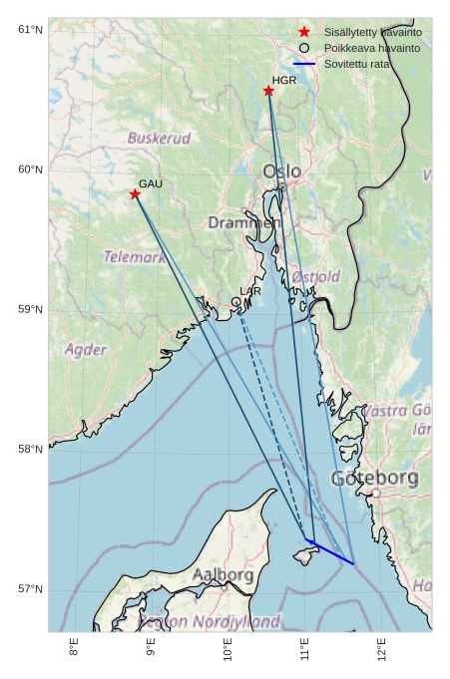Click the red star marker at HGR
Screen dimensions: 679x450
point(268,91)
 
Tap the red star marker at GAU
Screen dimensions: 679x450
point(135,193)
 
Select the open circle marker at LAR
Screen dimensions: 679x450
point(236,301)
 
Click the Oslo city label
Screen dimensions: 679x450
point(281,172)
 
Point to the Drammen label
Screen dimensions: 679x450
point(242,222)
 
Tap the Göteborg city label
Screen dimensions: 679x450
point(374,479)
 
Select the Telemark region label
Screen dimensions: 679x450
point(135,257)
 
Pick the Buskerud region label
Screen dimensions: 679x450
point(159,138)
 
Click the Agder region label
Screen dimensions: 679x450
point(86,350)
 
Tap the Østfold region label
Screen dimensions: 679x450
point(316,276)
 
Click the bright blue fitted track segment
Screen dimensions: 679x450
point(330,551)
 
